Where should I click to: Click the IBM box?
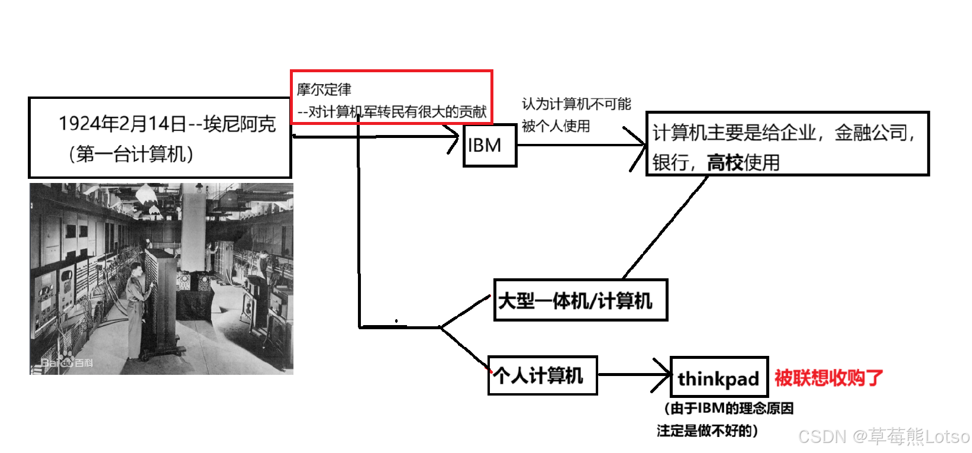click(489, 145)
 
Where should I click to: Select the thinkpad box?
click(719, 377)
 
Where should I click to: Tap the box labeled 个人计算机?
click(542, 375)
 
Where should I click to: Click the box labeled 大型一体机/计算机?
click(580, 300)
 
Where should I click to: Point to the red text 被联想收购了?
click(828, 377)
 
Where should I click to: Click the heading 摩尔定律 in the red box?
click(324, 89)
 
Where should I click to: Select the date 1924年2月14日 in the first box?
click(122, 124)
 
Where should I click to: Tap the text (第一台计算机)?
click(131, 154)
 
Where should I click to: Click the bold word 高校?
click(725, 162)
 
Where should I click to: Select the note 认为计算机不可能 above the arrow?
click(576, 104)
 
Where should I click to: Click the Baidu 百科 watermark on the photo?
click(67, 362)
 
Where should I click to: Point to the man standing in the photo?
click(137, 308)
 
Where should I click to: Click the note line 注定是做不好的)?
click(707, 430)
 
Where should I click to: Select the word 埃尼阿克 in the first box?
click(239, 124)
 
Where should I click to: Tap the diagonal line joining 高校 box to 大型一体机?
click(666, 227)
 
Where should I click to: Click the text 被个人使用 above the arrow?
click(556, 126)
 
